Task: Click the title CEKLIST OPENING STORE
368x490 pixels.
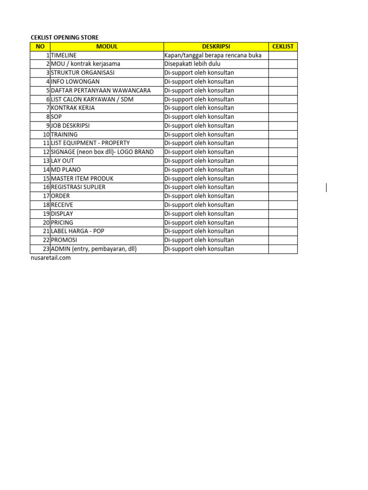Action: pyautogui.click(x=65, y=38)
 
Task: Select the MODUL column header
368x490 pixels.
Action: pyautogui.click(x=106, y=46)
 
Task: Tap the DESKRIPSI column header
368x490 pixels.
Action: pyautogui.click(x=216, y=46)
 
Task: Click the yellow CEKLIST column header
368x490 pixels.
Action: pyautogui.click(x=283, y=46)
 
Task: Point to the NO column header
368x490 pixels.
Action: pyautogui.click(x=40, y=46)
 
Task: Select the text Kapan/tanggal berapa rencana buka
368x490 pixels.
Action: pyautogui.click(x=213, y=56)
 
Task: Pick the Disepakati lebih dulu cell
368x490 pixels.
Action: pyautogui.click(x=192, y=64)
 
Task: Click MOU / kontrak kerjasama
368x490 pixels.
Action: pyautogui.click(x=86, y=64)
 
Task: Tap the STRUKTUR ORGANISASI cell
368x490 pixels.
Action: pyautogui.click(x=83, y=73)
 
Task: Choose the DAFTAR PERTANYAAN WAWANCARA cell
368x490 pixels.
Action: pyautogui.click(x=101, y=90)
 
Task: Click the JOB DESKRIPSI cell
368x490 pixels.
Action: pyautogui.click(x=70, y=125)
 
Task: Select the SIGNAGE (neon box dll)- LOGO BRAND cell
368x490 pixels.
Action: pyautogui.click(x=103, y=152)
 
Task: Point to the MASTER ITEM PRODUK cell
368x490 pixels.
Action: pyautogui.click(x=82, y=178)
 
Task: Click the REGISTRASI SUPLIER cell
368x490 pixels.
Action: pyautogui.click(x=78, y=187)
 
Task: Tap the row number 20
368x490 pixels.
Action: pyautogui.click(x=46, y=223)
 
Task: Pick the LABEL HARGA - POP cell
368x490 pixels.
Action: pyautogui.click(x=78, y=231)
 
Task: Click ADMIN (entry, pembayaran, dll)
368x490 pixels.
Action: pyautogui.click(x=94, y=249)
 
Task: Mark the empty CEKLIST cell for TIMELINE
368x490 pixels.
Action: pyautogui.click(x=283, y=56)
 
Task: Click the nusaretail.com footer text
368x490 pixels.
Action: pyautogui.click(x=50, y=258)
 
